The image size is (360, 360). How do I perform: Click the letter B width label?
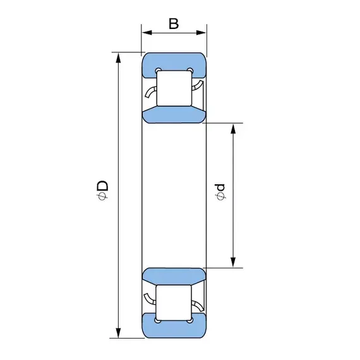click(x=174, y=23)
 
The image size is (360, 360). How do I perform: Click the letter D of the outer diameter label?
click(x=102, y=186)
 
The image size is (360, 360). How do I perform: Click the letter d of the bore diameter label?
click(x=220, y=188)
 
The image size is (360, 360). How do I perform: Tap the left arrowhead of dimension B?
click(x=147, y=33)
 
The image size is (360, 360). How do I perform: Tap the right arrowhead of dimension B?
click(x=201, y=33)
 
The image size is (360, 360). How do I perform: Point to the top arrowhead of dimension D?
click(x=118, y=58)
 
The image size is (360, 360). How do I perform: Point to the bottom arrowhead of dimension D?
click(x=118, y=333)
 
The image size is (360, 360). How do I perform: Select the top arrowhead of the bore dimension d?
click(x=233, y=129)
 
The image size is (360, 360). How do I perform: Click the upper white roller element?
click(x=174, y=88)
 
